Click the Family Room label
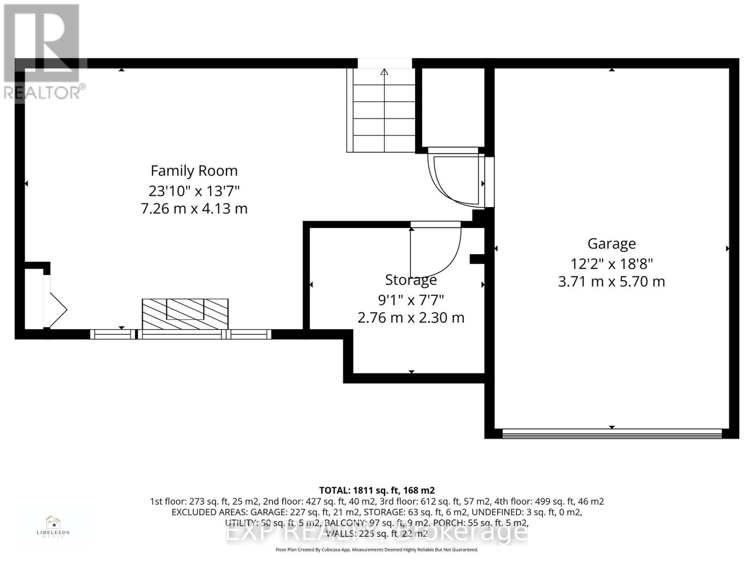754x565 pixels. pos(194,170)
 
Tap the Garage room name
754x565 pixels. pos(611,243)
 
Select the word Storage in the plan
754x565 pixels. pos(411,280)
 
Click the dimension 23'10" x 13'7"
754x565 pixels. pos(194,191)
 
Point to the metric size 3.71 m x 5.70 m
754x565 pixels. pos(611,282)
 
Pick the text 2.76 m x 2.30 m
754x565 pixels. pos(411,318)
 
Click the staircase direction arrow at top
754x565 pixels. pos(384,72)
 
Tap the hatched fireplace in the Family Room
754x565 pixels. pos(185,314)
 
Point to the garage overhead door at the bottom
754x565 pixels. pos(612,434)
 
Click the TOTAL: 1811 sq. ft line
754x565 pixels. pos(377,490)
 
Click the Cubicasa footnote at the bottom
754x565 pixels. pos(377,549)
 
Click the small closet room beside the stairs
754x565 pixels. pos(453,108)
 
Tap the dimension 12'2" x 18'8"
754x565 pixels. pos(611,263)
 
